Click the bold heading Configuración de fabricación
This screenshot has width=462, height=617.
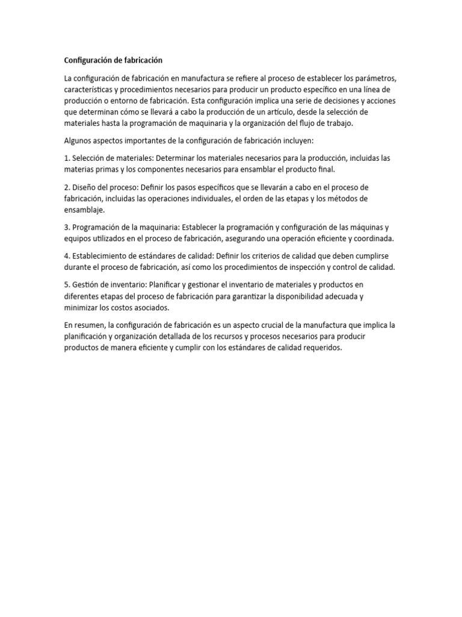[x=114, y=60]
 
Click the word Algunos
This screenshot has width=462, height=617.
[x=78, y=141]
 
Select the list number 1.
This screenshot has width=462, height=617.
[x=67, y=158]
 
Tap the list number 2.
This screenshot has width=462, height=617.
[x=67, y=187]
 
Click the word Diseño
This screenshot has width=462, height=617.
[x=84, y=187]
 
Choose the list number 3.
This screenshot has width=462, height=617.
[x=67, y=227]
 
